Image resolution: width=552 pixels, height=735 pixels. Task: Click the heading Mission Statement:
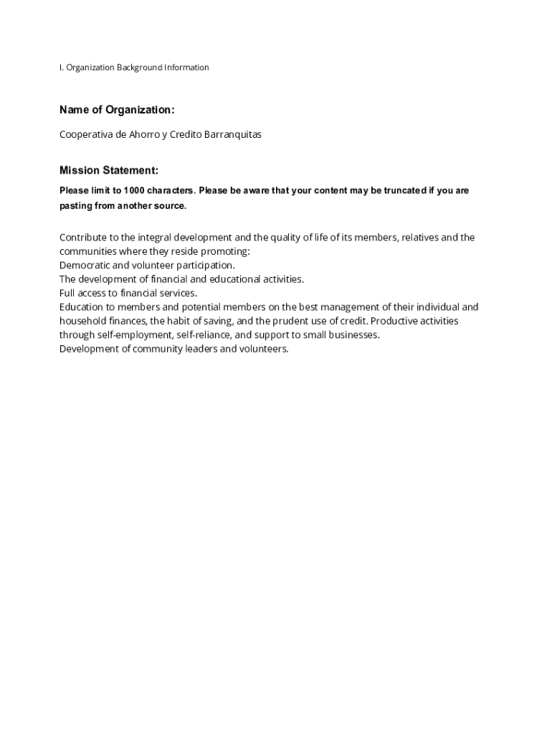click(109, 170)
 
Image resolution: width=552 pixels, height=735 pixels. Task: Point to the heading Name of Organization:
click(117, 110)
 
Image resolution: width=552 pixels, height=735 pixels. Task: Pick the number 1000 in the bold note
click(133, 191)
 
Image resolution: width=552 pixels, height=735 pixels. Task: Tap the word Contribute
click(82, 238)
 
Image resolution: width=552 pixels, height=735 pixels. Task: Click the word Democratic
click(85, 265)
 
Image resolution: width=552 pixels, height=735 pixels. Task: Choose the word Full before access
click(67, 293)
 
